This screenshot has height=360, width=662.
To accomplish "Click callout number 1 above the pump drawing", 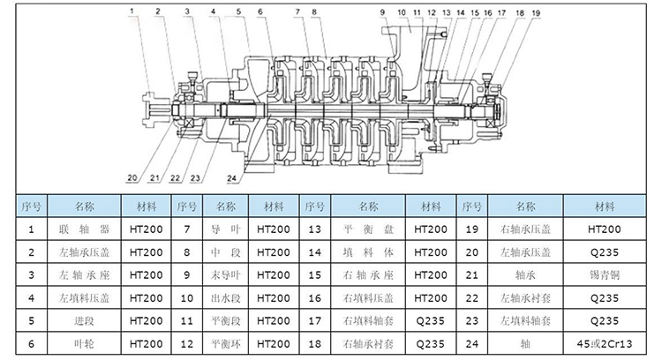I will pos(131,12).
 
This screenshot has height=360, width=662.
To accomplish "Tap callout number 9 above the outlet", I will pos(383,12).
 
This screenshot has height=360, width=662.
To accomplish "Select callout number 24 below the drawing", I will pos(231,178).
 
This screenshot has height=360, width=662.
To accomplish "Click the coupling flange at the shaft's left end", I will pos(149,109).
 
